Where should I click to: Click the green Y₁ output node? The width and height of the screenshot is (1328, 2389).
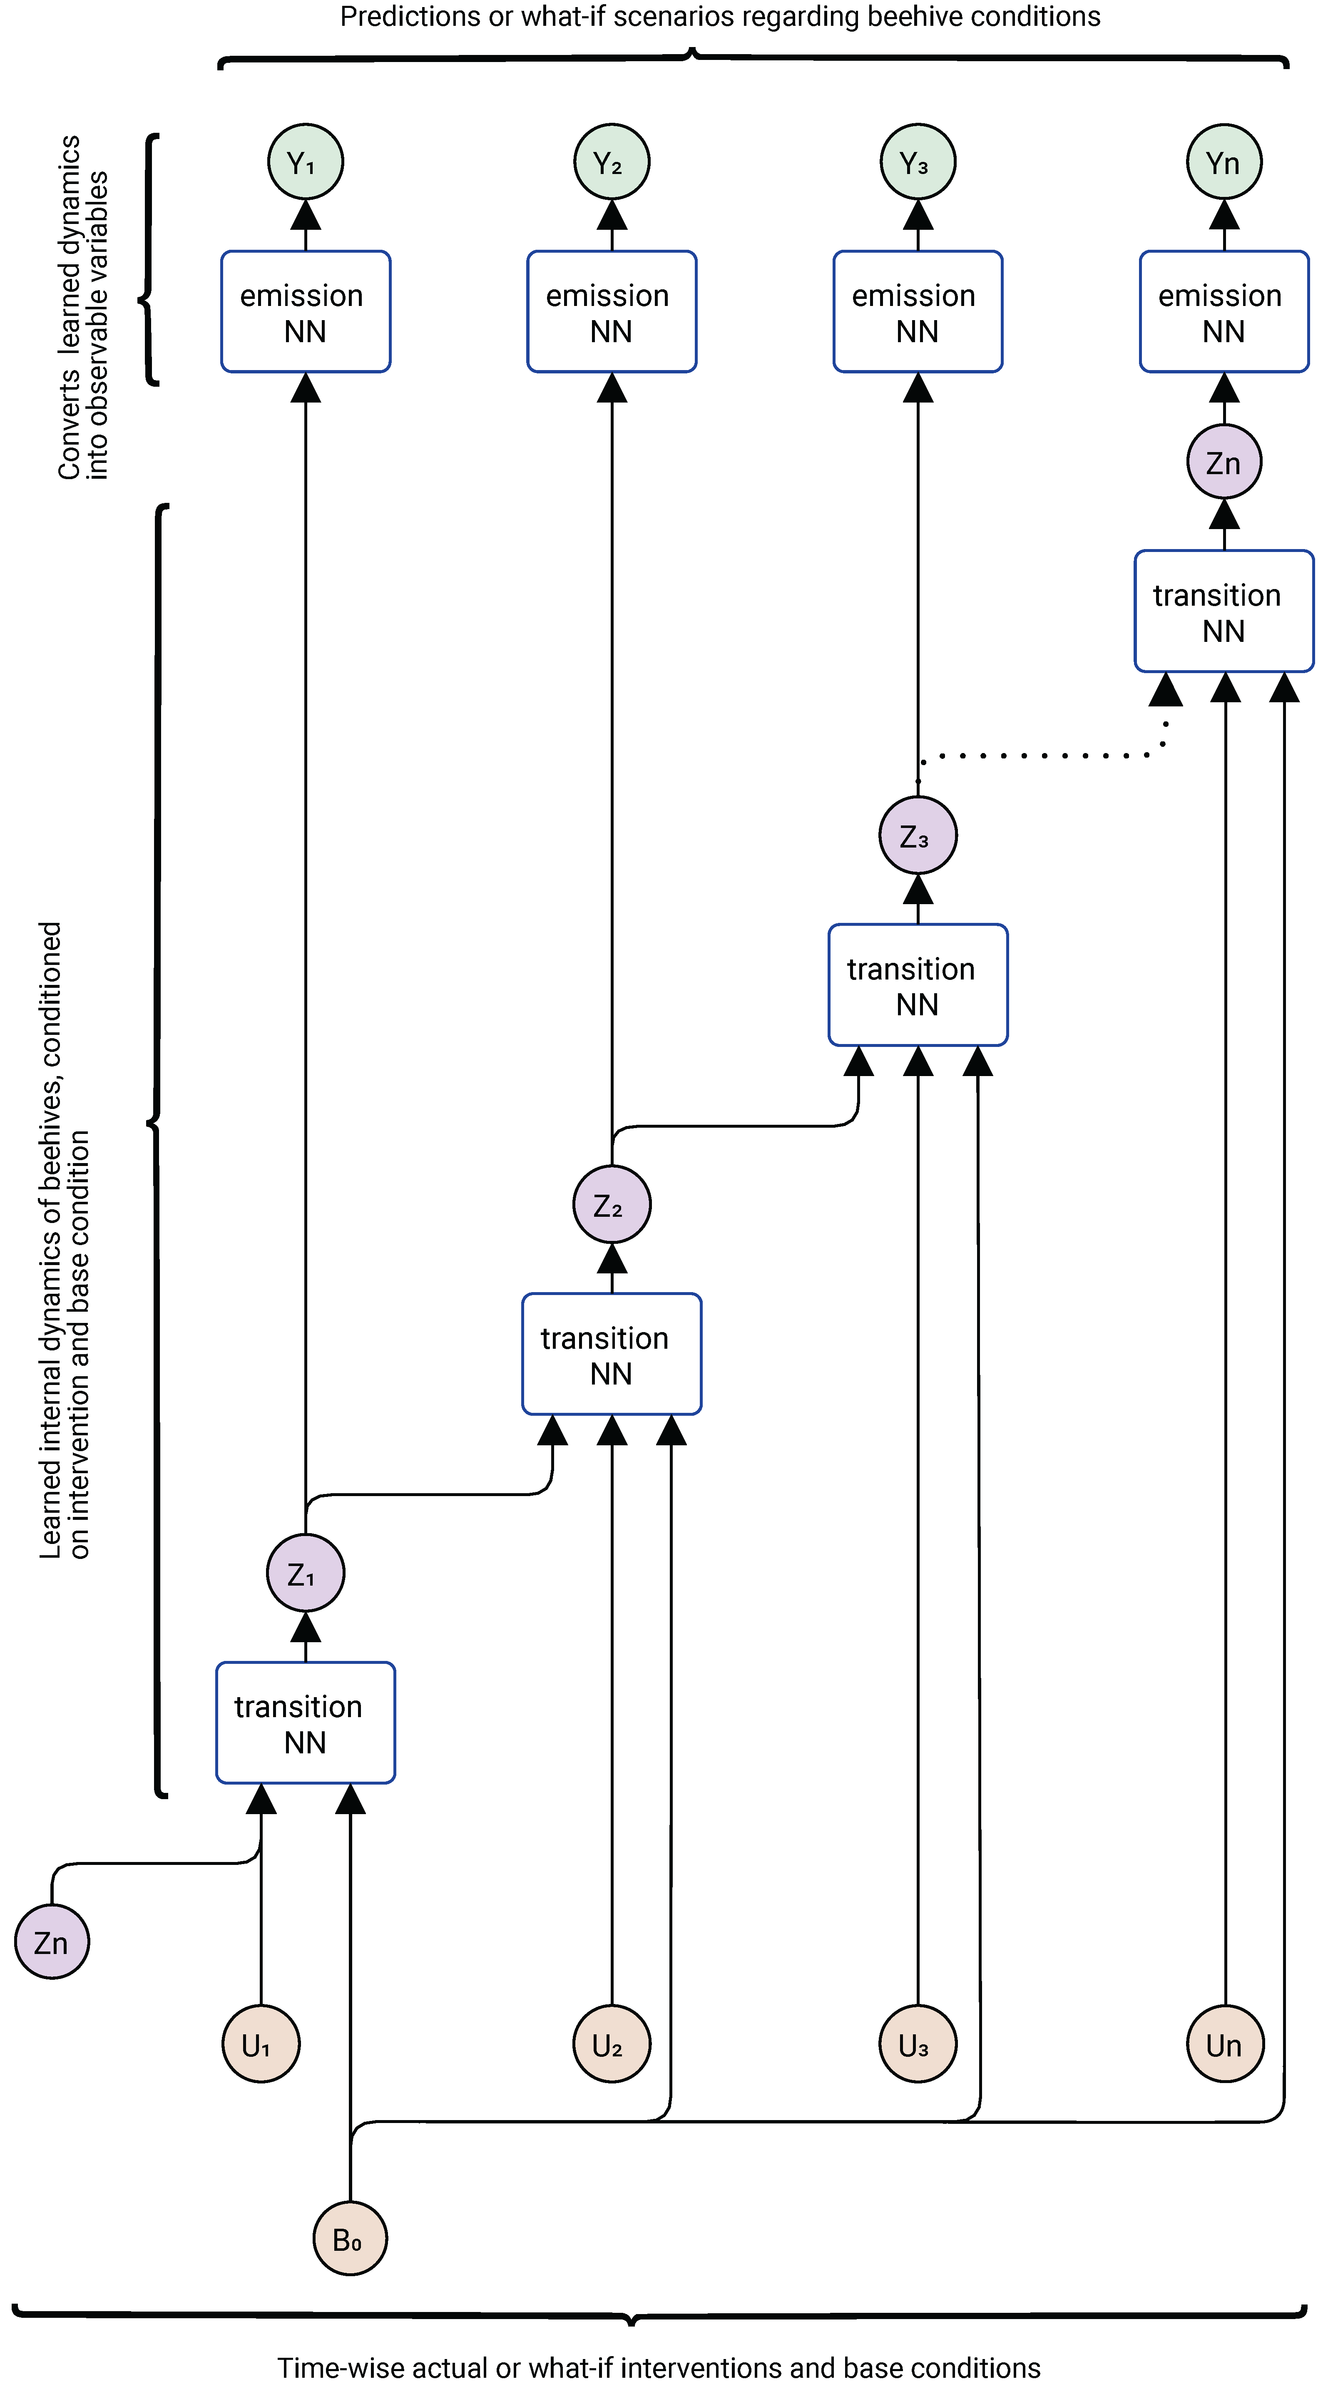click(x=305, y=162)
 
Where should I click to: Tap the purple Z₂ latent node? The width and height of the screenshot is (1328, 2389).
click(x=611, y=1205)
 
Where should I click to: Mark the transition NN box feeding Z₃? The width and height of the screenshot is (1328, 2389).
click(x=917, y=985)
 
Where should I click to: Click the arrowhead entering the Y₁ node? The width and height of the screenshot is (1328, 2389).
click(x=305, y=215)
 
